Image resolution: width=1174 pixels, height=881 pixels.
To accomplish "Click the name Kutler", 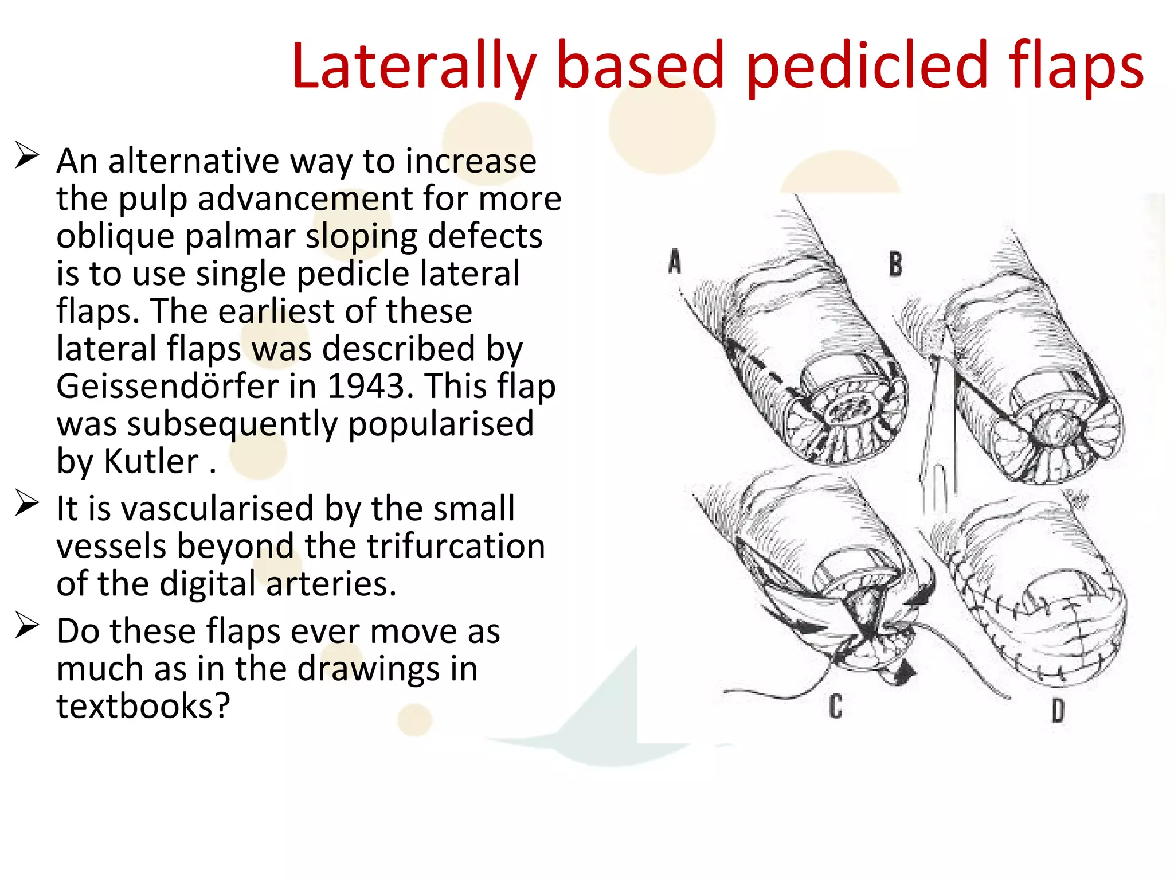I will click(x=151, y=461).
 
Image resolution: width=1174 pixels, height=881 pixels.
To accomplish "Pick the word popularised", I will click(x=441, y=424).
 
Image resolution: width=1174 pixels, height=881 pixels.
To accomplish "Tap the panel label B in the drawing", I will click(x=895, y=264).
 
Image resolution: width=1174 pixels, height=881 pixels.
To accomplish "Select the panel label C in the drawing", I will click(x=836, y=706).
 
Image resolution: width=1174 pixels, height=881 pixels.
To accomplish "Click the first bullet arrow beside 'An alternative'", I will click(x=26, y=155).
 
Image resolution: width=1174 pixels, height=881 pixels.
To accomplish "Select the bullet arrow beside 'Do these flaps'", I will click(x=26, y=626).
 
